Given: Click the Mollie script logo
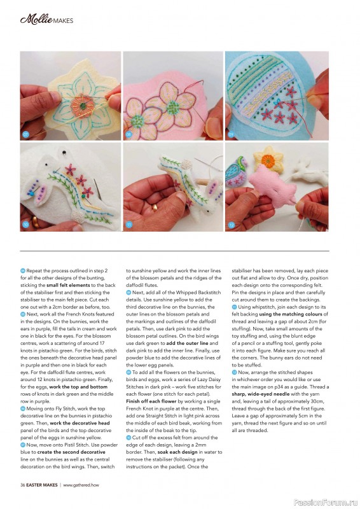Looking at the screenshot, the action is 36,20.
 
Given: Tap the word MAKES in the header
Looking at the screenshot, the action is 64,21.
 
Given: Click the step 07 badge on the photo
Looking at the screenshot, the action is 25,134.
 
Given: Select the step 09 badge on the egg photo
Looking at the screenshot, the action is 231,134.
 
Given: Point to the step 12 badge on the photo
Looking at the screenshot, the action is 231,225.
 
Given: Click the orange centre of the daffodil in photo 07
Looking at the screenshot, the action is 83,106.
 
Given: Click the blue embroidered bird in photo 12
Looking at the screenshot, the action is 237,171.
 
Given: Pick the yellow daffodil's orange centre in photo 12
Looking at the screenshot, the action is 268,160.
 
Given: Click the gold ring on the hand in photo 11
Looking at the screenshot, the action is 155,207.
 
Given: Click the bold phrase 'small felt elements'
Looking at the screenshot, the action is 68,285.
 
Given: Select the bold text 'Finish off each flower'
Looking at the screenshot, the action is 151,401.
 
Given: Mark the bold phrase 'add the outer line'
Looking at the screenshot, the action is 187,343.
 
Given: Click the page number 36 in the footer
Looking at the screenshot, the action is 23,485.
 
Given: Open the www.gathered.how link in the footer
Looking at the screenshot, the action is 81,485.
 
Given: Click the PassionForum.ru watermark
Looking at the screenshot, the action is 326,503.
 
